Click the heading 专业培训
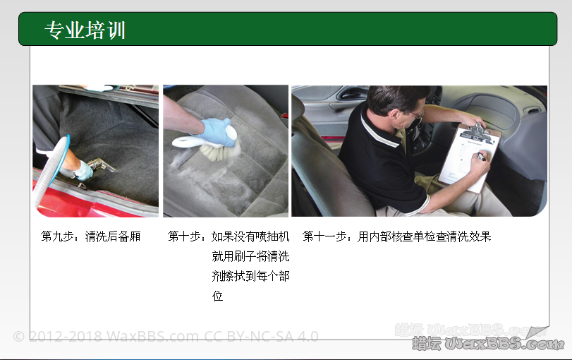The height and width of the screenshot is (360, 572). click(x=85, y=30)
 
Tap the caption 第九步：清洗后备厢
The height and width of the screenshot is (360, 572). click(x=91, y=236)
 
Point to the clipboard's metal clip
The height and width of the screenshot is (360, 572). click(x=479, y=132)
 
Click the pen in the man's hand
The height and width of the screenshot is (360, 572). click(x=481, y=157)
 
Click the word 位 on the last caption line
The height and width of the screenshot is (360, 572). click(x=217, y=296)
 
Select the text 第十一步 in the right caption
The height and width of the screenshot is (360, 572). click(x=324, y=236)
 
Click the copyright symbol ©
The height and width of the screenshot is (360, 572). click(x=18, y=336)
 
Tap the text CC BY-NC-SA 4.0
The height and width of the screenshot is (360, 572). click(x=261, y=336)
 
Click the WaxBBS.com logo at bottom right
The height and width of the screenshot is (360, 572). click(x=488, y=343)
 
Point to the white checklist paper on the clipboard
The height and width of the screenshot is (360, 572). click(x=469, y=162)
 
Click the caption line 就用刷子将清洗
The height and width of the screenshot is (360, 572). click(x=250, y=256)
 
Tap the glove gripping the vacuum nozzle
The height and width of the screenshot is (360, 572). click(x=83, y=171)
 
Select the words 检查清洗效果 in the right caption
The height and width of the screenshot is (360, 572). click(x=458, y=236)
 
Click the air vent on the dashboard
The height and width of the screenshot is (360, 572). click(x=533, y=110)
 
